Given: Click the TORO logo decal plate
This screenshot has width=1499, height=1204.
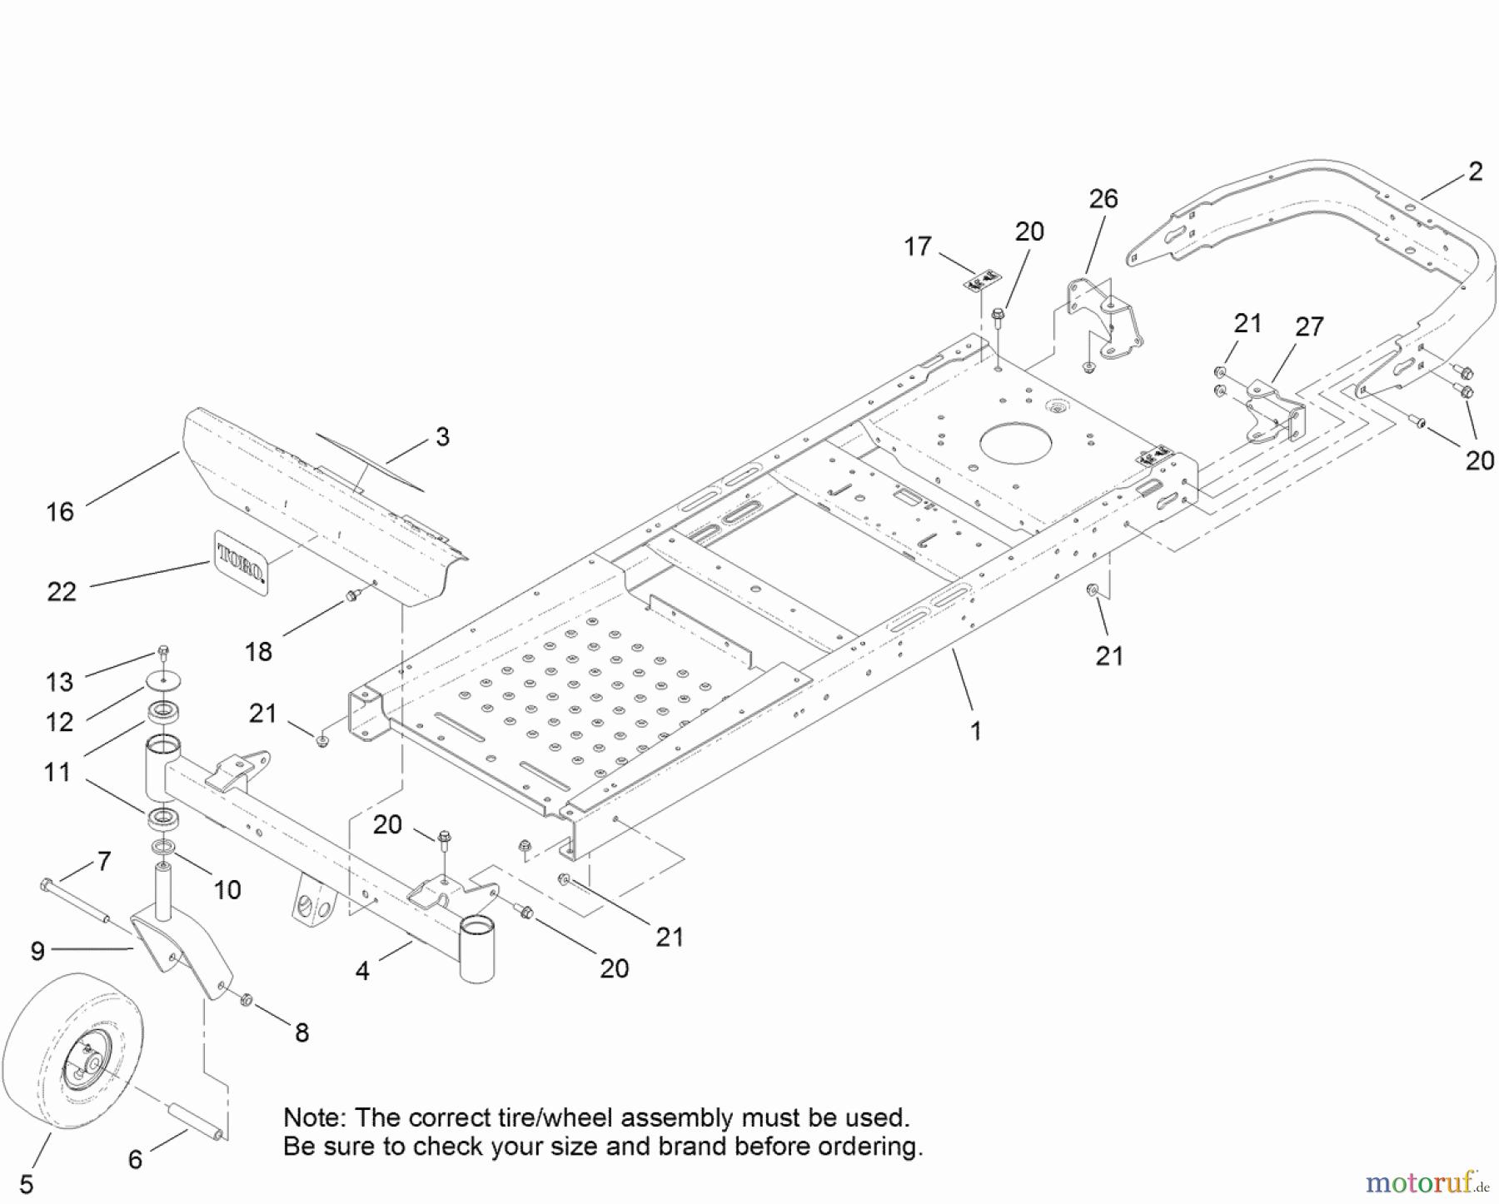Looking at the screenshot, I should [x=242, y=562].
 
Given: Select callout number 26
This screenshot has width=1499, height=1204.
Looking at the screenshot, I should [x=1103, y=199].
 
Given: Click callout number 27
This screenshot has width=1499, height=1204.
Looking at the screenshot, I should [x=1309, y=327].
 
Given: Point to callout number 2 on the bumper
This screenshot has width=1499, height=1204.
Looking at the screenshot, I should [x=1476, y=172].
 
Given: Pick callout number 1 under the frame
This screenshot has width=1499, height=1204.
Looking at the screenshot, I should [x=976, y=732].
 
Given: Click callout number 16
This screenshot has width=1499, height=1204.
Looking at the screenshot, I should [x=60, y=512].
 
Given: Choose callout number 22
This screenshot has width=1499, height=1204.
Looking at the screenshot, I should [x=62, y=592].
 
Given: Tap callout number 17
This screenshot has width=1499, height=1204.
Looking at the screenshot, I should [x=917, y=246].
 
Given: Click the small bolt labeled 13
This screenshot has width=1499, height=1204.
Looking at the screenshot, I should [x=164, y=651].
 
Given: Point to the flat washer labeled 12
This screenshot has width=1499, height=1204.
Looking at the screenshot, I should [x=164, y=683].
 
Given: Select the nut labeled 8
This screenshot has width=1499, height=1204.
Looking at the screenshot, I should [x=246, y=999].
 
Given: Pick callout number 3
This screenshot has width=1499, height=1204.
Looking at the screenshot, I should [x=442, y=437].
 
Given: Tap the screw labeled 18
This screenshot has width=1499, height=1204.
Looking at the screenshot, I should [x=351, y=595].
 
